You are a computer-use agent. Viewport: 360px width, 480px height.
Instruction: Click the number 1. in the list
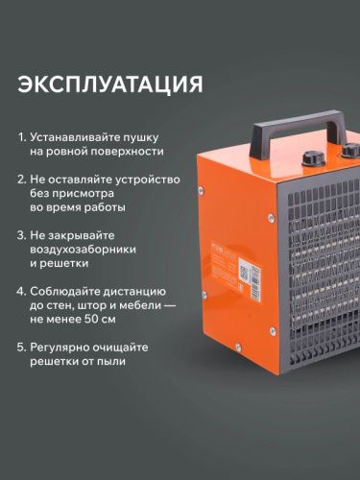(x=22, y=136)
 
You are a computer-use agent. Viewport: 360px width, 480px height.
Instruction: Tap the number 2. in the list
(x=22, y=178)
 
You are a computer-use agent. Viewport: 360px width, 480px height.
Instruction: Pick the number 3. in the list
(x=22, y=233)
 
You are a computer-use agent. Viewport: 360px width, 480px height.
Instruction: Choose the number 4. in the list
(x=22, y=290)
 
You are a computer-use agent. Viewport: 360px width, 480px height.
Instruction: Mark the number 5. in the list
(x=22, y=347)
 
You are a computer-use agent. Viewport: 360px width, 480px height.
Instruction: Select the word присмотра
(x=86, y=192)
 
